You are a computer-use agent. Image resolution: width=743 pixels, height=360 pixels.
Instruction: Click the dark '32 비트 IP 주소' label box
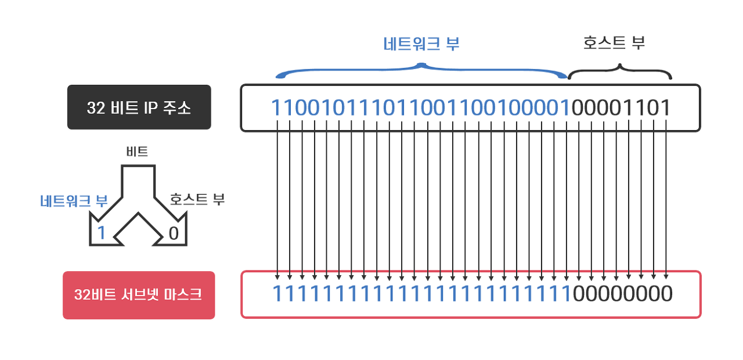(139, 107)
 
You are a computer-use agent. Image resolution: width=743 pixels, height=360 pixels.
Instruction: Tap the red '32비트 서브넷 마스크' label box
(139, 295)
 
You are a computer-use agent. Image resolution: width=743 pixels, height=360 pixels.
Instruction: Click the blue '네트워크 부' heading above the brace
(421, 45)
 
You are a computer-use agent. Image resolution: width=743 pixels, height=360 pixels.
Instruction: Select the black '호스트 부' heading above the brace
(614, 42)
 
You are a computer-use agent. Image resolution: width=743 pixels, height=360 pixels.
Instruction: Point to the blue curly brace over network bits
(422, 71)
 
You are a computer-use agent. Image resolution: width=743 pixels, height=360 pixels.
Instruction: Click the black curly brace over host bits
(619, 72)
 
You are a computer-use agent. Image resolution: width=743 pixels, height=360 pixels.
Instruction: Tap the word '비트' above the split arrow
(137, 152)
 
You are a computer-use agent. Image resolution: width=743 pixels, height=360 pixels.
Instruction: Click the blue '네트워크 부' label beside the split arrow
(74, 201)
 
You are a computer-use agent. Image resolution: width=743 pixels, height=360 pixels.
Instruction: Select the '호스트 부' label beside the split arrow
(197, 200)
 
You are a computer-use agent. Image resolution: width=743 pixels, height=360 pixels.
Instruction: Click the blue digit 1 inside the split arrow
(102, 233)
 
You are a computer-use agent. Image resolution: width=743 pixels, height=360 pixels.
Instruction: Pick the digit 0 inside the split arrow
(174, 233)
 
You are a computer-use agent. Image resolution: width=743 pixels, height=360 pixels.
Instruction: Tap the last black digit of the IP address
(665, 107)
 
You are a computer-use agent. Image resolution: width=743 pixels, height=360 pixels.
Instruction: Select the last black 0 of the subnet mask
(666, 294)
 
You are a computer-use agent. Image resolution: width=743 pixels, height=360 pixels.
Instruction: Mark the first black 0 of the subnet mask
(579, 294)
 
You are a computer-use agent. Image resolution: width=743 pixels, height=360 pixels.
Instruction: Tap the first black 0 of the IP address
(579, 107)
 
